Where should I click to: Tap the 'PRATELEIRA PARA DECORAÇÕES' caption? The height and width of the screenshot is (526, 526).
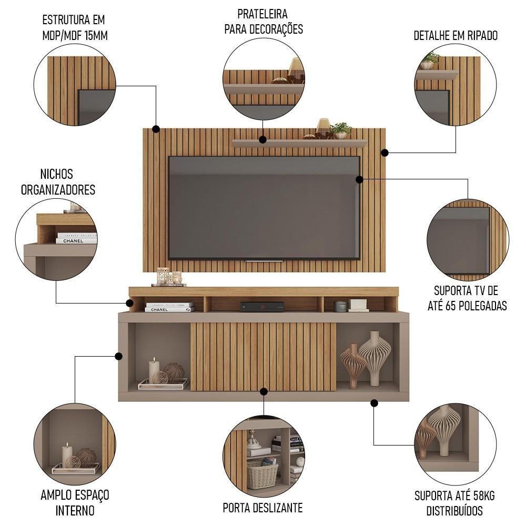tap(264, 21)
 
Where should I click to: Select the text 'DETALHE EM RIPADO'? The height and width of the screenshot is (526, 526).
tap(456, 36)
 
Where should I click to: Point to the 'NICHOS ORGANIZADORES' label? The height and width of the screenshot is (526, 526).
tap(58, 181)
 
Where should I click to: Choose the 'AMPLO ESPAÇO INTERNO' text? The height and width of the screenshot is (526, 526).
tap(75, 502)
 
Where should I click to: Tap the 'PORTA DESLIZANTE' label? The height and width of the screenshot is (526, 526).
tap(262, 508)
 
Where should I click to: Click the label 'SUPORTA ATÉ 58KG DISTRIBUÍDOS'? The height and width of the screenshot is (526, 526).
tap(454, 503)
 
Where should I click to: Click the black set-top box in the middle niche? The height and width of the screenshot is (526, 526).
tap(262, 306)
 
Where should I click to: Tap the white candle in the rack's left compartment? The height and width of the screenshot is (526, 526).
tap(154, 370)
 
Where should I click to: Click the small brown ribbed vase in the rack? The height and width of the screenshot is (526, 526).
tap(352, 365)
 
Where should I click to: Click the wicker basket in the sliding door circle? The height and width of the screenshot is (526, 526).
tap(262, 475)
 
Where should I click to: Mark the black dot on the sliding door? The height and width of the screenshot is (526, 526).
tap(264, 391)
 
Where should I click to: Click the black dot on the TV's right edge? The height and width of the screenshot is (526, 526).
tap(359, 179)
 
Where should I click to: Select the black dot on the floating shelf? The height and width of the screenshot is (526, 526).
tap(262, 139)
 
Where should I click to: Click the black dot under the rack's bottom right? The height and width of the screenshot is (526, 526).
tap(374, 403)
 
